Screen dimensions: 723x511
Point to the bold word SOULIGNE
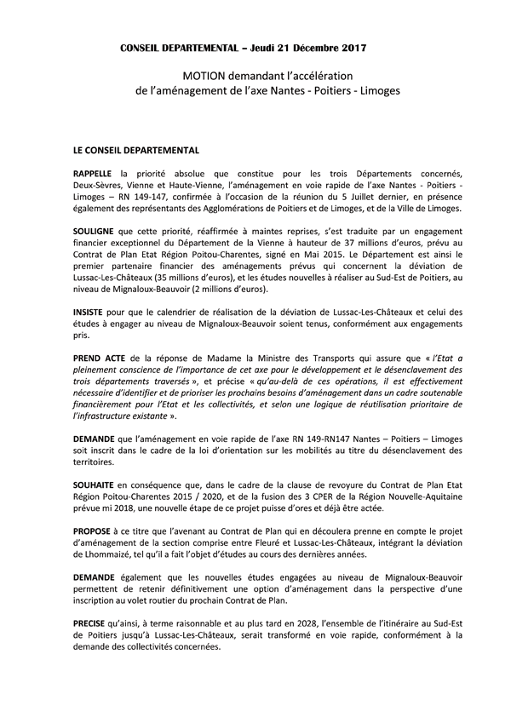click(x=97, y=232)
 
